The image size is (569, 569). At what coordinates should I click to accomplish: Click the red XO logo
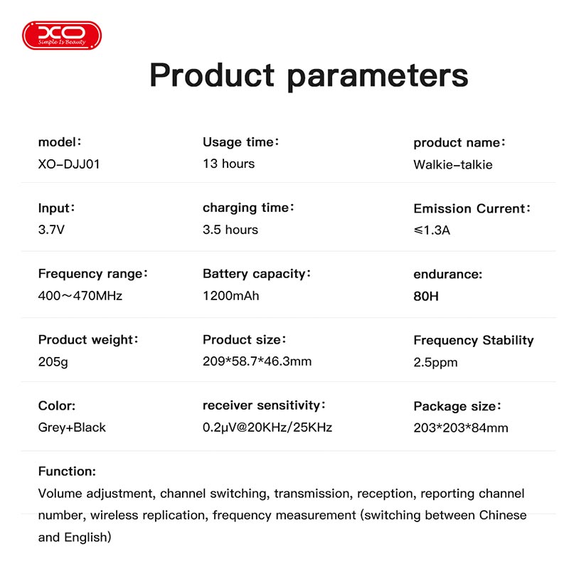click(62, 35)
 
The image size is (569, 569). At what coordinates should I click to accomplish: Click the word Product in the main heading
click(212, 75)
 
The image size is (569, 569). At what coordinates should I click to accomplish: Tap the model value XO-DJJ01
click(69, 164)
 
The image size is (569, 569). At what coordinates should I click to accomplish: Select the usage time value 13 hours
click(228, 164)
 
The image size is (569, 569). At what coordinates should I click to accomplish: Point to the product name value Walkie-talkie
click(453, 165)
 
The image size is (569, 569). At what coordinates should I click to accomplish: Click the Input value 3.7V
click(51, 230)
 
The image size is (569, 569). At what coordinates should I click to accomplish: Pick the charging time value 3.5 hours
click(230, 230)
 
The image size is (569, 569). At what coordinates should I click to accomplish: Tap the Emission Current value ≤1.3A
click(432, 230)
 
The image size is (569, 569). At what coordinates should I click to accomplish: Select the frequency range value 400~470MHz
click(80, 296)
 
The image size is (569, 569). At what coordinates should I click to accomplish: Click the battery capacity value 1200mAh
click(230, 296)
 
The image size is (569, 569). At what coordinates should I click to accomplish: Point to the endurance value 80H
click(426, 297)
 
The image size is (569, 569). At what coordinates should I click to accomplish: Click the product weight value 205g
click(53, 362)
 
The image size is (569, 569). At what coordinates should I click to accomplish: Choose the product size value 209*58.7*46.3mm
click(257, 361)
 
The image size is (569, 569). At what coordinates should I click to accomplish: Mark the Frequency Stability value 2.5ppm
click(435, 363)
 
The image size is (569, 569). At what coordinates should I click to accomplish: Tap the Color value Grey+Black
click(72, 427)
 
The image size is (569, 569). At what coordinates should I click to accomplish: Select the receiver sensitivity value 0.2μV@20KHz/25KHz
click(267, 427)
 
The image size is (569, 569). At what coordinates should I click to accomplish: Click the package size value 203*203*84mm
click(461, 428)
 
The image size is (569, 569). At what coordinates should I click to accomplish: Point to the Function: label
click(67, 472)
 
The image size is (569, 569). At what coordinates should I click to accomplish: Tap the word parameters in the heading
click(378, 77)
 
